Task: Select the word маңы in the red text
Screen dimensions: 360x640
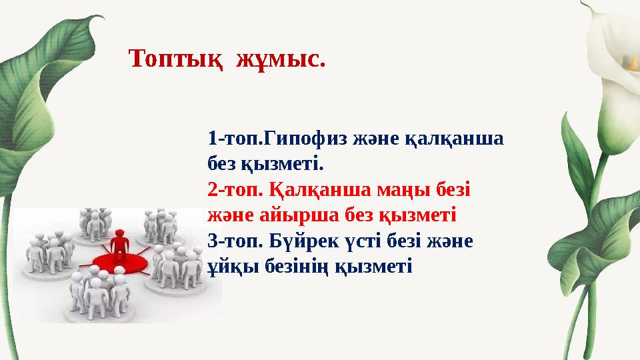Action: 398,189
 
